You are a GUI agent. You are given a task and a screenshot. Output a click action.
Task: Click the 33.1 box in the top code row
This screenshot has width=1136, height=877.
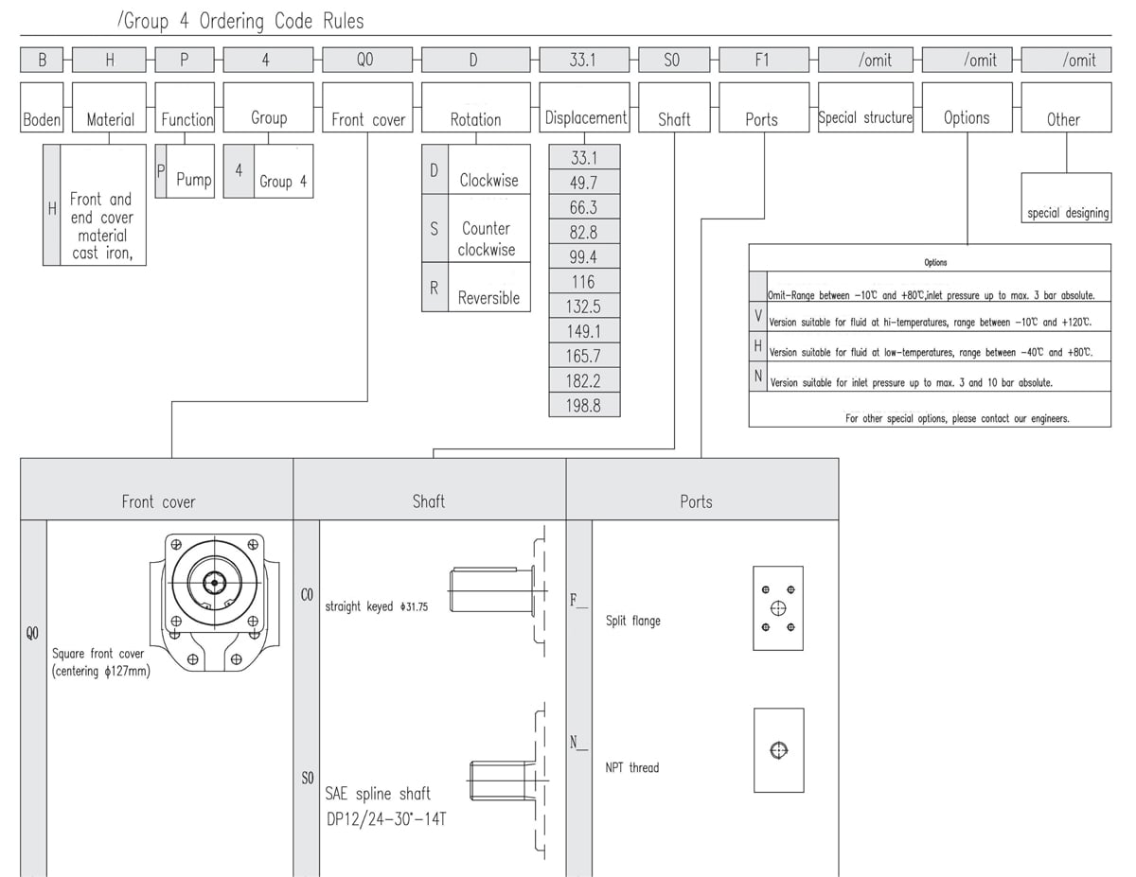point(584,60)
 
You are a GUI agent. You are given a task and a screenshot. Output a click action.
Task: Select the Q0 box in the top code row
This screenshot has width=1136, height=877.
point(367,60)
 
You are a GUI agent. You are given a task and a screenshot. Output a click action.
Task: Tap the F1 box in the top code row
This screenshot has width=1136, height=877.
point(764,60)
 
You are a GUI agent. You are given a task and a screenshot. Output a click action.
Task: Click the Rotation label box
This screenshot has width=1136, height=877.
point(476,107)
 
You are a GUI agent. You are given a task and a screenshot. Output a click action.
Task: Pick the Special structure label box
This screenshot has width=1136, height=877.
point(865,107)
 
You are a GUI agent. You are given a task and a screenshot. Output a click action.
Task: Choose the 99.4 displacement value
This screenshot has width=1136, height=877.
point(584,256)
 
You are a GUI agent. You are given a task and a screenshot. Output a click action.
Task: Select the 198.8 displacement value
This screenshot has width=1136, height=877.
point(584,405)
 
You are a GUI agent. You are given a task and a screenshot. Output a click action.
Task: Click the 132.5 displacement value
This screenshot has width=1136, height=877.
point(584,307)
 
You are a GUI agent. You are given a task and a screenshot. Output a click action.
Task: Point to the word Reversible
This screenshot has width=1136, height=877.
point(488,298)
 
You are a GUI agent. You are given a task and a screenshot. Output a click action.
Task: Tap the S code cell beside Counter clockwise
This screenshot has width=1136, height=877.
point(435,228)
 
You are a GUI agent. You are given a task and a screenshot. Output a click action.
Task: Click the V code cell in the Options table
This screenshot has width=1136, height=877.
point(758,316)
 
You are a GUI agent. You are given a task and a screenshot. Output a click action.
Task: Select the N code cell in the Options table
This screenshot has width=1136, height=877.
point(758,377)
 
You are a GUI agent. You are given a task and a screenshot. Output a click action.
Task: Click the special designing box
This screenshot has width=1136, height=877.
point(1067,198)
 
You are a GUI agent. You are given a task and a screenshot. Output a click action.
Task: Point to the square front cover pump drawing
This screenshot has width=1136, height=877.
point(214,602)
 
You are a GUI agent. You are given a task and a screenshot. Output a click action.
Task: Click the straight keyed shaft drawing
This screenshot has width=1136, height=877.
point(498,590)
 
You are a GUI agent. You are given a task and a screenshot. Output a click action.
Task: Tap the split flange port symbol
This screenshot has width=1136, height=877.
point(778,608)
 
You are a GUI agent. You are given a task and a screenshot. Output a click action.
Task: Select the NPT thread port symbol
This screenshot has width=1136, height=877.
point(779,750)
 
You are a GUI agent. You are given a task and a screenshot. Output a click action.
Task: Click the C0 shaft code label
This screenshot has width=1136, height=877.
point(307,595)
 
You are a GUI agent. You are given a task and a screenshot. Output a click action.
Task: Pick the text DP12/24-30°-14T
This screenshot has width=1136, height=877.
point(386,818)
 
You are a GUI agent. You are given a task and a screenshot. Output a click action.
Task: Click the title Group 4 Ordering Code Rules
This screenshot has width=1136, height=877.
point(240,21)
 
